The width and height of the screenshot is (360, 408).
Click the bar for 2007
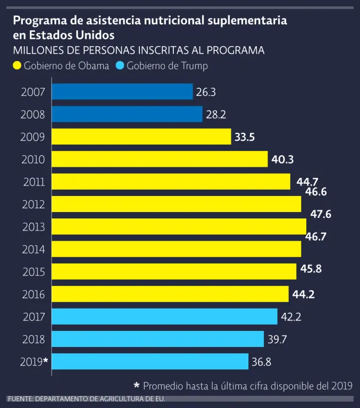click(x=122, y=92)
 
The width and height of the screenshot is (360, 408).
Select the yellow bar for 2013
click(x=179, y=227)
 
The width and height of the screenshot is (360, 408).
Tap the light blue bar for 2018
click(x=158, y=339)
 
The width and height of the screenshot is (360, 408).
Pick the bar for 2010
click(x=160, y=159)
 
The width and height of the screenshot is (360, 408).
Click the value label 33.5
click(x=245, y=137)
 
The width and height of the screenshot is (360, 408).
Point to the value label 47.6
click(x=321, y=215)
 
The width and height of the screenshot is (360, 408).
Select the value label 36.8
click(x=262, y=362)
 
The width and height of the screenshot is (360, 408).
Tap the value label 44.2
click(x=304, y=294)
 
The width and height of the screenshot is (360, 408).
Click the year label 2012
click(x=34, y=205)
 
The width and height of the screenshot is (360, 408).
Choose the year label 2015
click(x=34, y=272)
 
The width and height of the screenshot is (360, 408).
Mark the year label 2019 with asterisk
click(x=34, y=362)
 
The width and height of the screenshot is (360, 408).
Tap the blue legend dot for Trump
click(x=120, y=66)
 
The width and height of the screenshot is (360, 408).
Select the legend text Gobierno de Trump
click(x=167, y=66)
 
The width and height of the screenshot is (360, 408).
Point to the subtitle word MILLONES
click(x=36, y=51)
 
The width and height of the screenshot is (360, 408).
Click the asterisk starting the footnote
click(x=137, y=386)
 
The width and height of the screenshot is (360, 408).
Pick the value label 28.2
click(x=216, y=115)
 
